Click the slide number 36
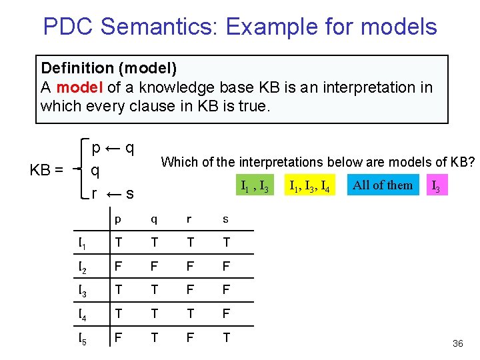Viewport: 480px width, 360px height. (x=457, y=343)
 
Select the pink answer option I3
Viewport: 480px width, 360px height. (x=435, y=186)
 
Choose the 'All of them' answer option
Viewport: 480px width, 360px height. (x=383, y=185)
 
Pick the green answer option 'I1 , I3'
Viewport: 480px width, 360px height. (x=254, y=186)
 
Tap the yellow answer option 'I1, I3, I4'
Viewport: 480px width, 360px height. (x=309, y=185)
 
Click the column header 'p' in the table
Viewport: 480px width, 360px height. (x=118, y=219)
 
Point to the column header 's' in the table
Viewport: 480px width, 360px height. (x=225, y=219)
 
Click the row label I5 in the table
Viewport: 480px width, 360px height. (x=83, y=339)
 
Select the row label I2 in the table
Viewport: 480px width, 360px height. (x=83, y=267)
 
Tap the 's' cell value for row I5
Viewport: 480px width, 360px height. (x=225, y=338)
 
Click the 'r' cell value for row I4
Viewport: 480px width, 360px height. (x=189, y=314)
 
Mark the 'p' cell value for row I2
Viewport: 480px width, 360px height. (x=118, y=267)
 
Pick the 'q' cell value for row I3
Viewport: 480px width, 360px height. (x=154, y=291)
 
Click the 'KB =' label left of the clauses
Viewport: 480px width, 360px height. (x=47, y=170)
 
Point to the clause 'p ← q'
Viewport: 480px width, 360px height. (x=114, y=147)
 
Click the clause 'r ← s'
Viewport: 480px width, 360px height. (x=113, y=194)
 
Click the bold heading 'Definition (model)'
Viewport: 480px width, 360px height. (x=109, y=68)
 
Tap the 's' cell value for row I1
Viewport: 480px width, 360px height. (x=225, y=243)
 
